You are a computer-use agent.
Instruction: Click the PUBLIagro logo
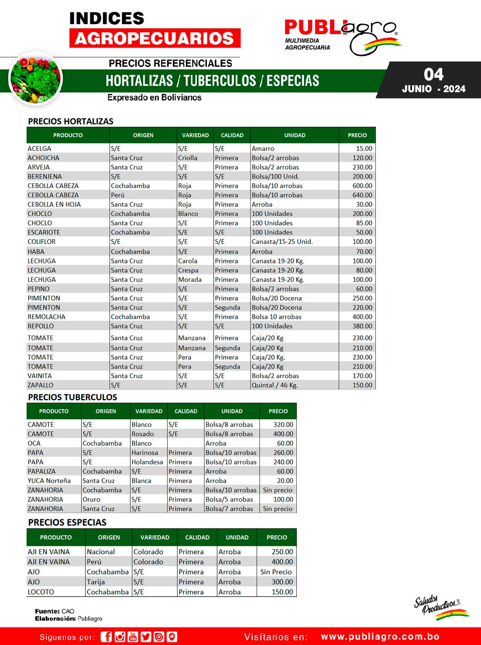341,35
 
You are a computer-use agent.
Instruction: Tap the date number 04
433,75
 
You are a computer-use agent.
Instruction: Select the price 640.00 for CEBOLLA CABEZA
362,195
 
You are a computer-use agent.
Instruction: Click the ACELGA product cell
39,149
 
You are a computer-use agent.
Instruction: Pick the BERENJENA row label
45,177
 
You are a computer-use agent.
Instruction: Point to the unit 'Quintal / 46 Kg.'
275,385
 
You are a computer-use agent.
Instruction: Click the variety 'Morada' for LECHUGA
190,280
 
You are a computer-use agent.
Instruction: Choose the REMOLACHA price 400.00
362,317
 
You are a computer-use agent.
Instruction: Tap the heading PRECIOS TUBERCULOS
72,397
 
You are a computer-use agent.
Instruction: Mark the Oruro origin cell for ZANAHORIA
91,499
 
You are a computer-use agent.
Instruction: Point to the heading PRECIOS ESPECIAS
67,523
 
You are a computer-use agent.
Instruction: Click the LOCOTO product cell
41,592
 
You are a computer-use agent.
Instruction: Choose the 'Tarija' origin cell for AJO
96,582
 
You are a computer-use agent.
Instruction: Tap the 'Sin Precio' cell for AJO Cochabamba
276,572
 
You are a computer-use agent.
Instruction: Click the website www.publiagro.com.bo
380,637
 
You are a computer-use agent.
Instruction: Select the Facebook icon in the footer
106,637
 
